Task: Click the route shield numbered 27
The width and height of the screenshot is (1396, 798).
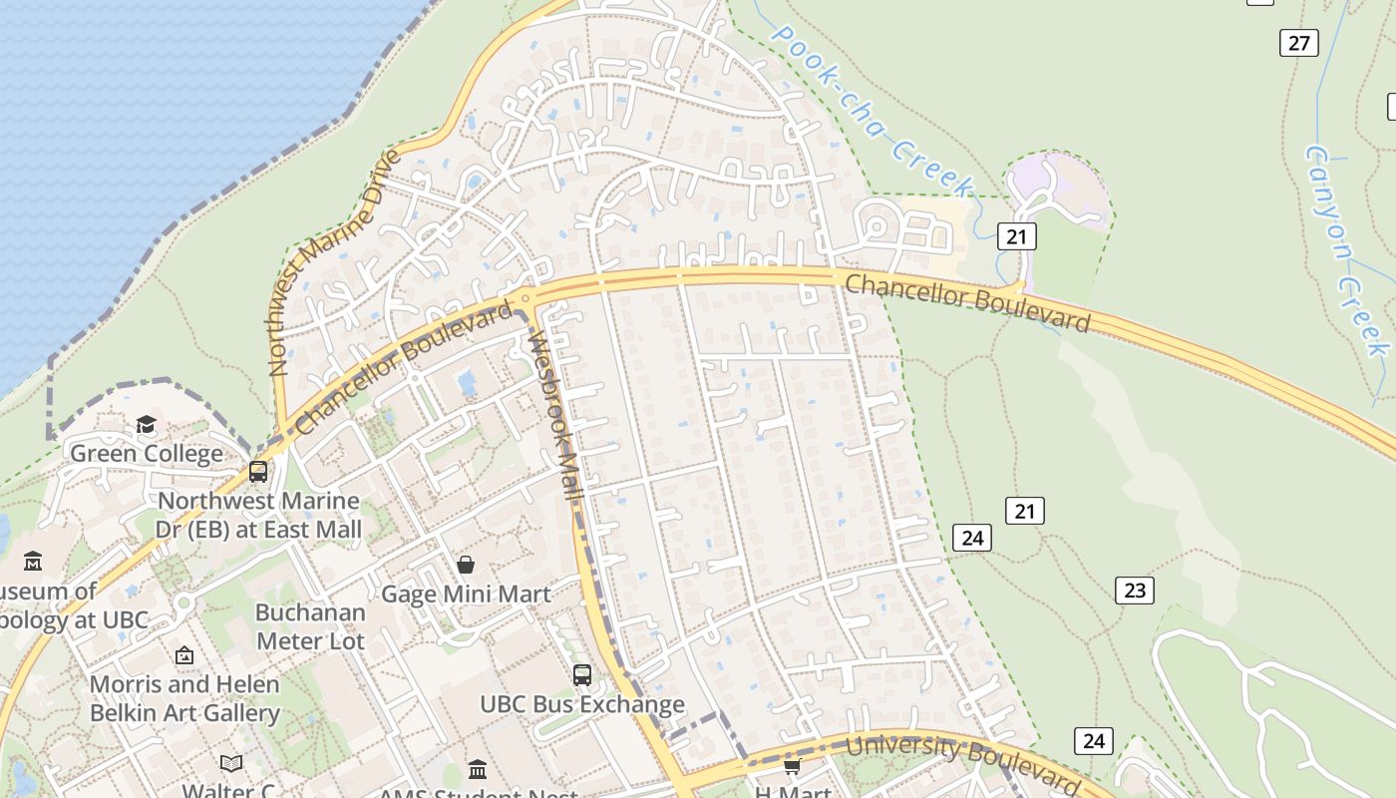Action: point(1298,43)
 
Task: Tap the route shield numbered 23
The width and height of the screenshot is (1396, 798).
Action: point(1135,591)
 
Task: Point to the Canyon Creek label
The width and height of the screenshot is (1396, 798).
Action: point(1347,250)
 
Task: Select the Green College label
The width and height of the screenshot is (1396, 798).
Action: point(147,454)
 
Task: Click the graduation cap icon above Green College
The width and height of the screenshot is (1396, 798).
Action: point(147,426)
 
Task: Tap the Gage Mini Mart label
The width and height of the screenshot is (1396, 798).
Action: point(466,595)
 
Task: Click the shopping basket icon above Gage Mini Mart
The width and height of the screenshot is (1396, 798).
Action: point(466,566)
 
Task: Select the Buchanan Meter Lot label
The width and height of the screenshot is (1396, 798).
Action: point(310,626)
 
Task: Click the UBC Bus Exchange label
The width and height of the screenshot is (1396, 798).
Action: point(582,704)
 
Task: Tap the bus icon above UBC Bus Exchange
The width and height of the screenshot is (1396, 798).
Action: point(582,675)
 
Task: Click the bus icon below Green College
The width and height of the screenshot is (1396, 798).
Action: point(258,471)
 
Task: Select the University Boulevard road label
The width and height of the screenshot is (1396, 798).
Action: point(961,758)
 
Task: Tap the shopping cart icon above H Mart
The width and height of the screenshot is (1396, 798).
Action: point(792,766)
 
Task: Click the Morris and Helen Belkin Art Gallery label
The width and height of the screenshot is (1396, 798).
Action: point(184,698)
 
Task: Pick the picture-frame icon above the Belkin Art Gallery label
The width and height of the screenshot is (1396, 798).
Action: point(184,655)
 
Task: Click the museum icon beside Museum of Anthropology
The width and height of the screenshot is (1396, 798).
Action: point(33,562)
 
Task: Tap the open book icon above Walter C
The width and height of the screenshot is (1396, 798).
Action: point(231,764)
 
